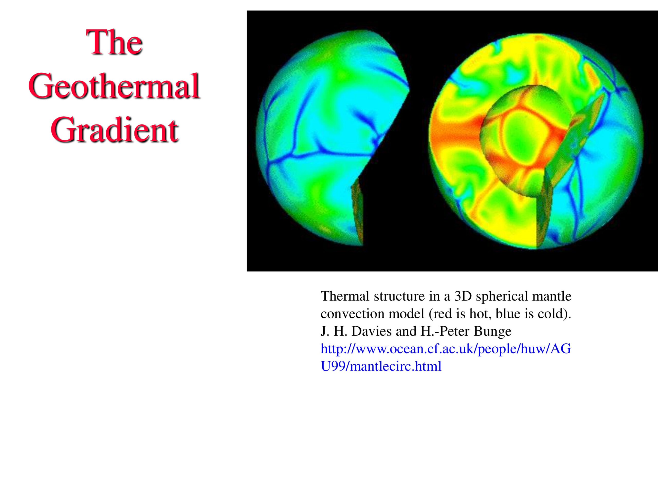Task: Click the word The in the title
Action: click(114, 42)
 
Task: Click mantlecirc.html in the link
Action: click(396, 366)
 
